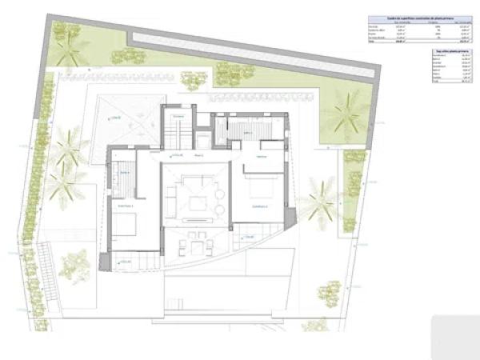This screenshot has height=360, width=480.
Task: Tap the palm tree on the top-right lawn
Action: tap(346, 111)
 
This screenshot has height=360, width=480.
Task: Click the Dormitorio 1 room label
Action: tap(125, 206)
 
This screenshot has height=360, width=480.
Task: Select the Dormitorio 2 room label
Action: tap(259, 206)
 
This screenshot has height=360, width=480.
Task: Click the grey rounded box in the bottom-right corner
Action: tap(456, 337)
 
